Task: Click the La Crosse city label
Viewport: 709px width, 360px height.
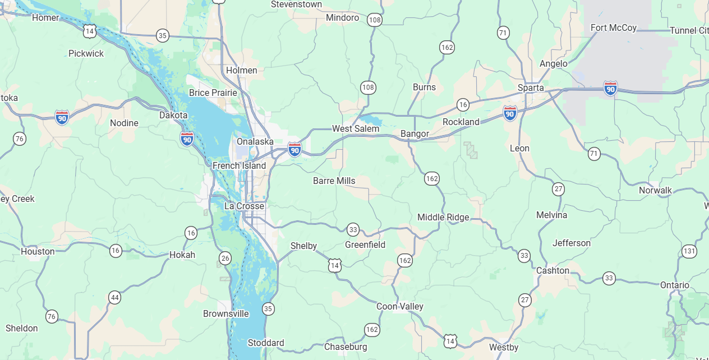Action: tap(244, 206)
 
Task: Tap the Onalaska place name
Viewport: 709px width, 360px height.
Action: tap(255, 141)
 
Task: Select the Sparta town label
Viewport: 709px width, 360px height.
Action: tap(530, 87)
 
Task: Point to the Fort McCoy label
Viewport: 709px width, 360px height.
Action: tap(614, 27)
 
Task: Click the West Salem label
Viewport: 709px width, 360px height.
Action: tap(356, 128)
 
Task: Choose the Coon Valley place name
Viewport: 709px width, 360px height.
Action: tap(399, 306)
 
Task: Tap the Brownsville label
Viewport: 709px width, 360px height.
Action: tap(225, 313)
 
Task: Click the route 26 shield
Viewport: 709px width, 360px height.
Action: tap(225, 258)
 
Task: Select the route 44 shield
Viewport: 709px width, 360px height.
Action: tap(115, 297)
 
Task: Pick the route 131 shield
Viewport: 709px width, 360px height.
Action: tap(689, 251)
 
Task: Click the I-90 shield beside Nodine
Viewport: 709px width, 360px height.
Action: tap(62, 117)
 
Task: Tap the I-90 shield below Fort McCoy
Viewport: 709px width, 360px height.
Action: tap(610, 88)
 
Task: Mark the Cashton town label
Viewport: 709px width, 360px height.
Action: tap(553, 270)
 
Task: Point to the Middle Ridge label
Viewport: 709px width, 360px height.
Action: tap(443, 217)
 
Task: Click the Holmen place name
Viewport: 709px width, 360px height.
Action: tap(241, 70)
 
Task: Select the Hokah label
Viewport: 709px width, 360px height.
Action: tap(182, 255)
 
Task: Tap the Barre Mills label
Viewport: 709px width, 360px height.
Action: tap(334, 181)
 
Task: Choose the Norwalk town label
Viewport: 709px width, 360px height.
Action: tap(655, 190)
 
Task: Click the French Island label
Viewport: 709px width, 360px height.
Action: tap(239, 165)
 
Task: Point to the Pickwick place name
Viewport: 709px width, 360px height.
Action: tap(86, 53)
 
